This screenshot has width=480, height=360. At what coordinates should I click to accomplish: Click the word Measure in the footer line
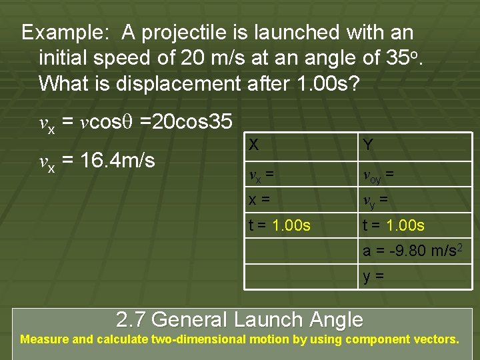tap(44, 339)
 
